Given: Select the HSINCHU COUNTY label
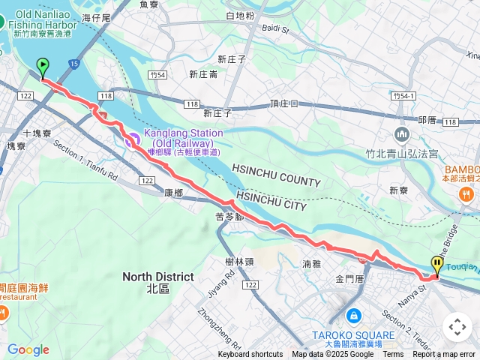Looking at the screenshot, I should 276,175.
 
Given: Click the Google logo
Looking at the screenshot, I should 28,349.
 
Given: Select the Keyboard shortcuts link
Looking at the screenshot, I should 250,355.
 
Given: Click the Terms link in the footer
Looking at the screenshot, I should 393,355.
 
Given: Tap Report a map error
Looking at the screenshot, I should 444,355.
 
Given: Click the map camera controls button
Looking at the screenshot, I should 457,327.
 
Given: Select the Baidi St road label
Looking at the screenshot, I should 276,30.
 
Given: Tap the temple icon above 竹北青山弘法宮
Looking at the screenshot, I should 401,134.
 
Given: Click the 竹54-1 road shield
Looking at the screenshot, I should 403,97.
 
